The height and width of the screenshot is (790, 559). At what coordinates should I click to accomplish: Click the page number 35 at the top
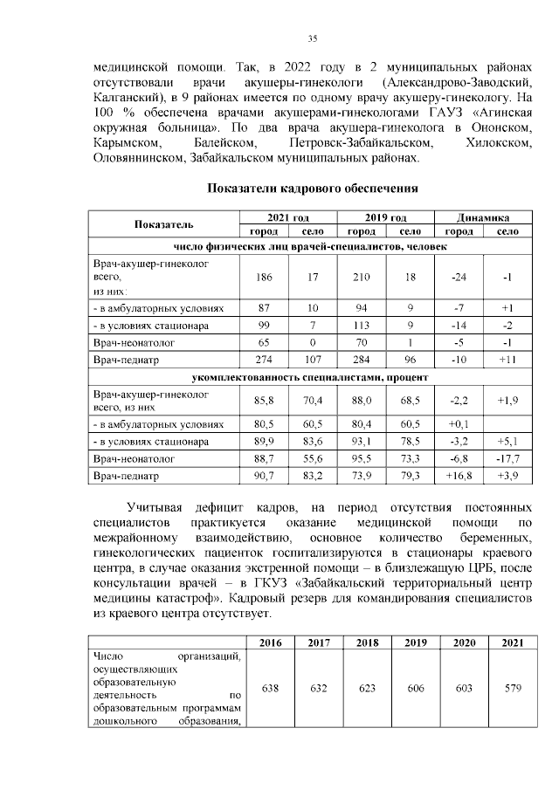pos(312,38)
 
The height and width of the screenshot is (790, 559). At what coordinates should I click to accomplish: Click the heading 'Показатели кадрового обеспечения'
pos(312,188)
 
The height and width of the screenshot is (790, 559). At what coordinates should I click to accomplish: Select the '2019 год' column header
pos(384,217)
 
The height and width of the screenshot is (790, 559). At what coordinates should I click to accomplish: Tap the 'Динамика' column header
pos(482,217)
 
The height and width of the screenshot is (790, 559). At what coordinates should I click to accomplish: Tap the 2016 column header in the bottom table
pos(271,642)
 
